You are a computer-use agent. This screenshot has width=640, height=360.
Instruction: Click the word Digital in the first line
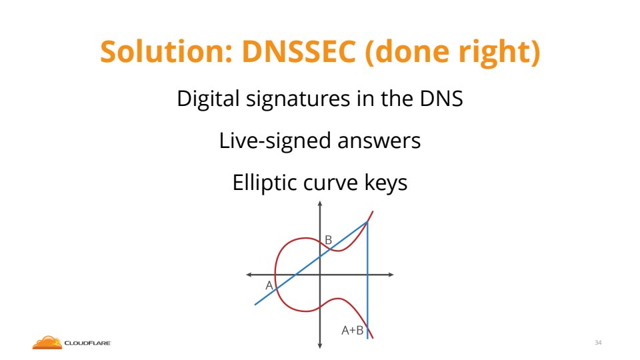(208, 99)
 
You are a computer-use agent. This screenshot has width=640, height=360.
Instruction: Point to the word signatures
(298, 99)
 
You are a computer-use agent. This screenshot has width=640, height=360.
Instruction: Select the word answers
(379, 141)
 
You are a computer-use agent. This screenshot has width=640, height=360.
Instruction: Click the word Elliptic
(264, 183)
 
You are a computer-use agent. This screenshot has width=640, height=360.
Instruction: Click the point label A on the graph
(269, 285)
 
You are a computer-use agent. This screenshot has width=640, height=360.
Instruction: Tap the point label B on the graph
(328, 240)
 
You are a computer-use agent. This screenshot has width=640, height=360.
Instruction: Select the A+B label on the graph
(352, 330)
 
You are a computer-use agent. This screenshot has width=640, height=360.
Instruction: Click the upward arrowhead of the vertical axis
(320, 203)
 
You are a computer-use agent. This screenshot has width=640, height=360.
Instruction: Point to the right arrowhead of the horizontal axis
(391, 275)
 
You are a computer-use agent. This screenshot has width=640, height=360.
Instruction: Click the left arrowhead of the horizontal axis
(249, 275)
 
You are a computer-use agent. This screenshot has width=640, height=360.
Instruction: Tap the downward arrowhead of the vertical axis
(320, 346)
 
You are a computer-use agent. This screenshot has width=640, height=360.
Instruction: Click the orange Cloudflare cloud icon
(47, 343)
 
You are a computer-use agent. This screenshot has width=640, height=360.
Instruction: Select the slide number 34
(598, 343)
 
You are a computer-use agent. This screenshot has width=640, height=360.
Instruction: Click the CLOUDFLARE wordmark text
(88, 343)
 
